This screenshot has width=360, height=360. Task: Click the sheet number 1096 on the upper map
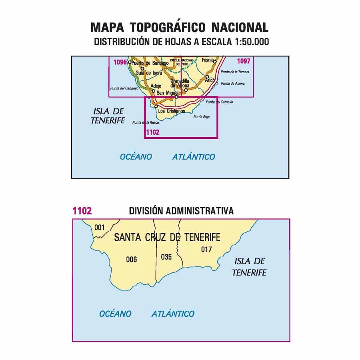pos(120,62)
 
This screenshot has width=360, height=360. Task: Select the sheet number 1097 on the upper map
pos(244,61)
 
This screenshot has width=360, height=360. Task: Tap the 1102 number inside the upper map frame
pos(153,133)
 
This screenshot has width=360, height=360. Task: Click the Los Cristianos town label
pos(172,111)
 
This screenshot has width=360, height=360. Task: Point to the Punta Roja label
pos(201,117)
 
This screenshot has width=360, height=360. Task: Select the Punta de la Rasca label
pos(143,122)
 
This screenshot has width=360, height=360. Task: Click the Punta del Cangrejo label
pos(124,88)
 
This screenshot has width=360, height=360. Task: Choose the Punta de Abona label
pos(232,84)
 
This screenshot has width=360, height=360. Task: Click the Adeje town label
pos(156,86)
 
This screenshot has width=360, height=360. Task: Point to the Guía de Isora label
pos(149,73)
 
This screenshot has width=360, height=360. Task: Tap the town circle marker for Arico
pos(207,77)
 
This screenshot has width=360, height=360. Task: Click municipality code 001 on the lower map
pos(99,228)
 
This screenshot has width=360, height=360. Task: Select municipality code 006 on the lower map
pos(131,260)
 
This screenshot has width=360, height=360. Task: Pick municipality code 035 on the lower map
pos(166,257)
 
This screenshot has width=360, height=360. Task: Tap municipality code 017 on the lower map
pos(206,250)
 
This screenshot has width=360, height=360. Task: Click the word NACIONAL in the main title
pos(240,27)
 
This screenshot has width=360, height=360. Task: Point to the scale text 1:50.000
pos(249,41)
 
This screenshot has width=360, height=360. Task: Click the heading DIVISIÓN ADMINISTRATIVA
pos(181,211)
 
